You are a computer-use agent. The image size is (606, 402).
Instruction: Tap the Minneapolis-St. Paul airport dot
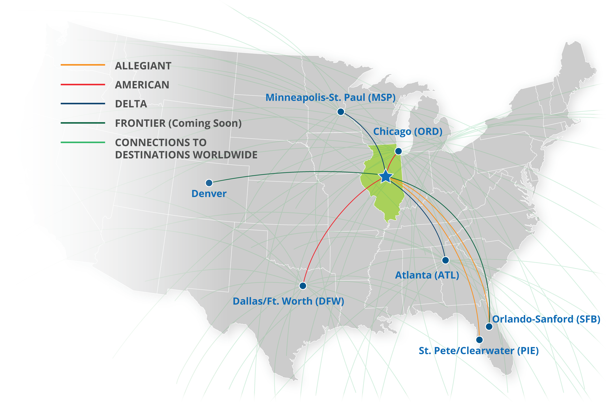coord(341,112)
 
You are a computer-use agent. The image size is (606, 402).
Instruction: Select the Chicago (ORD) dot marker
coord(398,151)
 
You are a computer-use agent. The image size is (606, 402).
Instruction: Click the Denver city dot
coord(209,183)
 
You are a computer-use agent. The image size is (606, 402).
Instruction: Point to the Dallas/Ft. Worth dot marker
coord(303,286)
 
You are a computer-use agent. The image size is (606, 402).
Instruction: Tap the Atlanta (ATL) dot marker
coord(445,260)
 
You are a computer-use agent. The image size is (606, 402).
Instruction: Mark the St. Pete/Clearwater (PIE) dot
coord(479,340)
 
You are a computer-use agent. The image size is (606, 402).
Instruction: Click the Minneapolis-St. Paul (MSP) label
coord(330,97)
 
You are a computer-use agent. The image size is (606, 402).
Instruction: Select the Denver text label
coord(209,194)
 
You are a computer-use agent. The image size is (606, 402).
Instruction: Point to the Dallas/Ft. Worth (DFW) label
coord(288,301)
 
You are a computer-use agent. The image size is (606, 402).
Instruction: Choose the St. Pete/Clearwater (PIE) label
coord(479,351)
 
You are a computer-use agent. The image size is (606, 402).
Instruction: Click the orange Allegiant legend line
coord(83,65)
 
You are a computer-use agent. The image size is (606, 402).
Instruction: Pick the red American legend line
coord(83,84)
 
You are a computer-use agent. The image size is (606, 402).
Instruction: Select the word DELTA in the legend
coord(131,104)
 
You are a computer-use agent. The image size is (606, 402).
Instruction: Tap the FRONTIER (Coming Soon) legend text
coord(178,123)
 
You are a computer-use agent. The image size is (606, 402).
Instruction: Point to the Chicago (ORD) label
coord(408,132)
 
